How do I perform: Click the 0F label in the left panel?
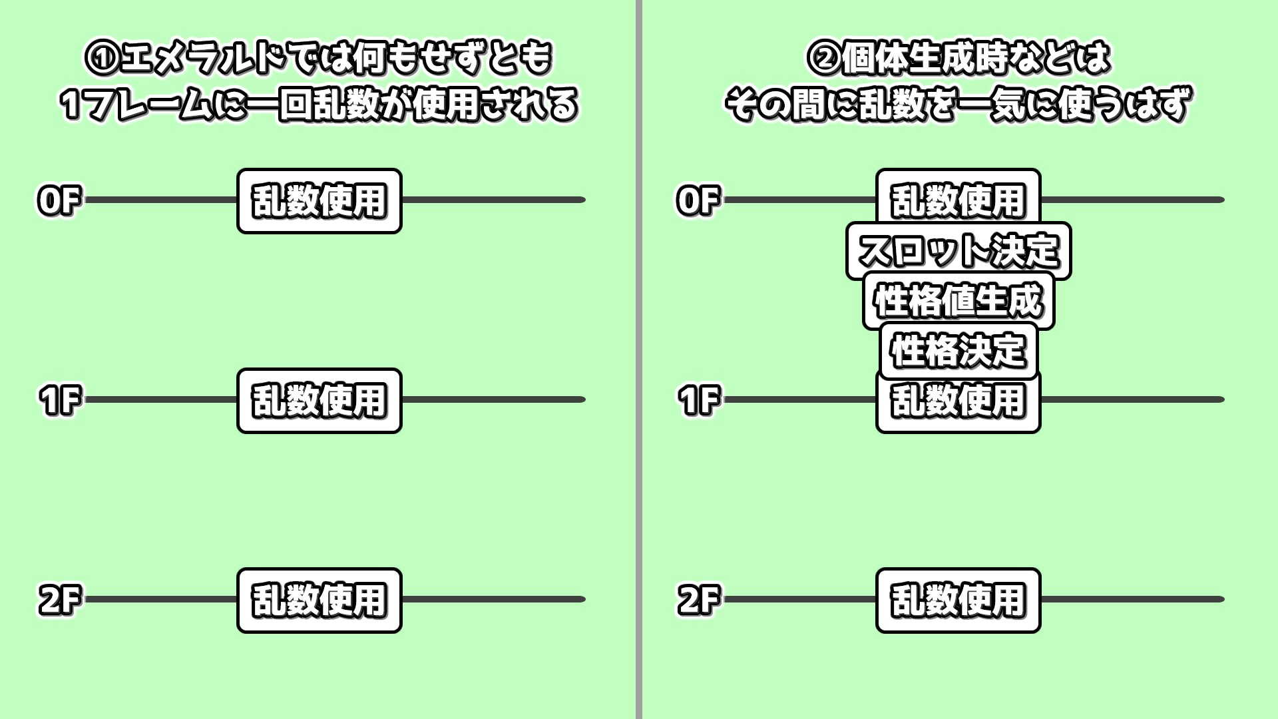(x=59, y=200)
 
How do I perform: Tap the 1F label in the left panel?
(x=59, y=400)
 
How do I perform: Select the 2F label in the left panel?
(x=59, y=600)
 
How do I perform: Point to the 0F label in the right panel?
(x=698, y=200)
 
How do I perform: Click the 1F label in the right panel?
(x=698, y=400)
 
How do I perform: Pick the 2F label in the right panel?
(x=698, y=600)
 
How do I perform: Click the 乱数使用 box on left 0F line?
(x=319, y=200)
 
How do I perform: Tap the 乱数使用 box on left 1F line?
(x=319, y=401)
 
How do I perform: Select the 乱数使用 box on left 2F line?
(x=319, y=600)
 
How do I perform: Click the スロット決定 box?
(x=958, y=250)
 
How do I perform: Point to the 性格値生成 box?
(x=958, y=300)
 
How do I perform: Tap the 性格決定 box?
(x=958, y=350)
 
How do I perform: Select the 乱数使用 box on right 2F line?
(x=958, y=600)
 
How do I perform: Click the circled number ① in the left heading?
(x=102, y=59)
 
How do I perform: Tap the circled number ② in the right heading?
(x=823, y=59)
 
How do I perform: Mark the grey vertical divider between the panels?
(x=638, y=359)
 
